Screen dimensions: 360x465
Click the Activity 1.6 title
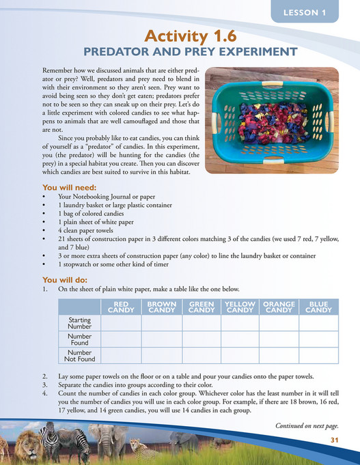coord(180,36)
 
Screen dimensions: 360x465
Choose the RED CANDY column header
coord(121,307)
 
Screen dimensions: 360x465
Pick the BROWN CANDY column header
coord(162,307)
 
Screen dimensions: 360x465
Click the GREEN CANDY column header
coord(202,307)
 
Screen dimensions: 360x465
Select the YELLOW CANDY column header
coord(240,307)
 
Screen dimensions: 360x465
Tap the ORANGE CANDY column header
coord(279,307)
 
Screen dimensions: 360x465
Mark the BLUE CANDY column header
coord(318,307)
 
